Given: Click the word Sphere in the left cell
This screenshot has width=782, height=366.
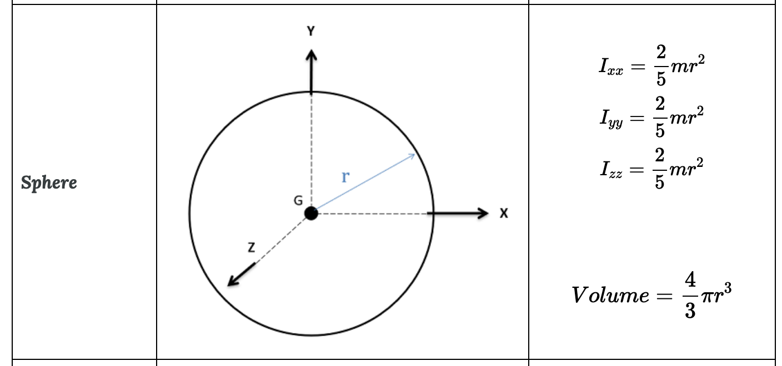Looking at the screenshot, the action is [49, 182].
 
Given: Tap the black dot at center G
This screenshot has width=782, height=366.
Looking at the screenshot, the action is [311, 213].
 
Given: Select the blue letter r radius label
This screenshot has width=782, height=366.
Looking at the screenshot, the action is [345, 177].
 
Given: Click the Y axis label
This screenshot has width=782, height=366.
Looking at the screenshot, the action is [311, 32].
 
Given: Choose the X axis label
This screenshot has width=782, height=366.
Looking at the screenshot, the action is [503, 213].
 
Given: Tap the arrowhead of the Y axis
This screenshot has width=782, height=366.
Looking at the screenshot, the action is [311, 54].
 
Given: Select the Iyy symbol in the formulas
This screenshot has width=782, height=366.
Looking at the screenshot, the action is [610, 119].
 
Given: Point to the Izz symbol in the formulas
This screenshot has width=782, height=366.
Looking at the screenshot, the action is [610, 169].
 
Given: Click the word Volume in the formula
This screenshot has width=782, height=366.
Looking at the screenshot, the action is [609, 294].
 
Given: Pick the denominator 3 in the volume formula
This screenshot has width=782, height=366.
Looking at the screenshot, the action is [690, 311].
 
